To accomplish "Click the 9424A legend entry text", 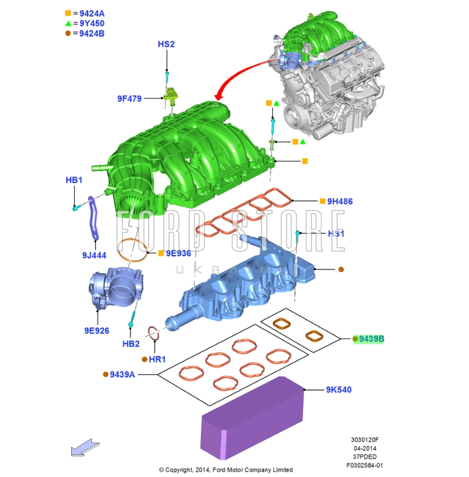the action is click(x=92, y=13).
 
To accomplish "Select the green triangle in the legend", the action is click(x=68, y=23).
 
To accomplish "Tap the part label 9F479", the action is click(x=129, y=99).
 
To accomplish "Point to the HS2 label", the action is click(x=166, y=44).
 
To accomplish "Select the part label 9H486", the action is click(x=340, y=201).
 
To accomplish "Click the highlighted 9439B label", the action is click(x=371, y=338).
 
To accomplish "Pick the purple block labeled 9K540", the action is click(x=252, y=417).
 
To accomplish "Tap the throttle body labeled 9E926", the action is click(x=116, y=288).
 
